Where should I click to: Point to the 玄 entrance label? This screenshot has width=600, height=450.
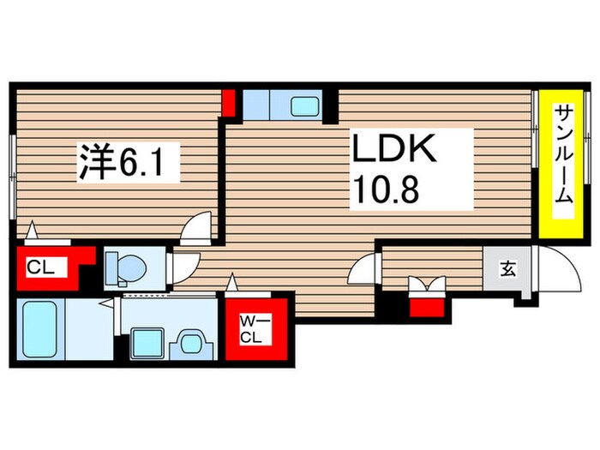pyautogui.click(x=507, y=269)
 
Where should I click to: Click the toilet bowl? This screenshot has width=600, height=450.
pyautogui.click(x=127, y=268)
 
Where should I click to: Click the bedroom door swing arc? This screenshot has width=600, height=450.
pyautogui.click(x=198, y=229)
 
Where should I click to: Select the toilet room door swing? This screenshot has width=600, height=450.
pyautogui.click(x=183, y=267)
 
